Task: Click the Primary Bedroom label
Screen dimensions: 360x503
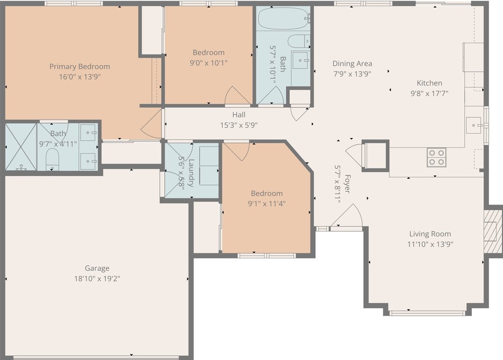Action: click(79, 66)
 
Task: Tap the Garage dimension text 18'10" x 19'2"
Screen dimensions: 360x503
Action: click(97, 278)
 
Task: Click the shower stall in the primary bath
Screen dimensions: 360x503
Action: click(21, 147)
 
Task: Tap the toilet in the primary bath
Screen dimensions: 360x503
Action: click(52, 160)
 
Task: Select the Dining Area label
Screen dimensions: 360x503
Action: click(352, 63)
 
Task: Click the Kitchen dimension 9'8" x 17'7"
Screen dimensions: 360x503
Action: click(429, 93)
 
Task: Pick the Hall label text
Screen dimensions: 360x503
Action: click(239, 115)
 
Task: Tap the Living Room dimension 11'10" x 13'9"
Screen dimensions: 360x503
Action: click(430, 244)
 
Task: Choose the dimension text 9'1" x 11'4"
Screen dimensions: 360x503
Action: click(267, 203)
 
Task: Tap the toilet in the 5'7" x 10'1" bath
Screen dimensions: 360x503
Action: click(300, 41)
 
